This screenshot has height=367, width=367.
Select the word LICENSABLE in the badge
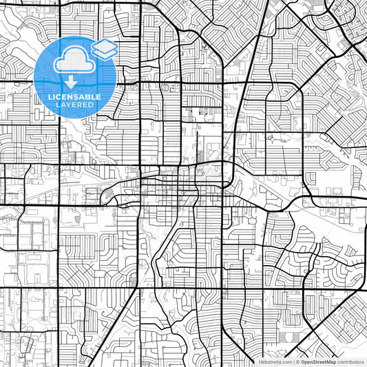point(75,97)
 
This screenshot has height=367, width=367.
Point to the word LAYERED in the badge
point(75,105)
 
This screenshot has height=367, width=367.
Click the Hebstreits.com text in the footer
point(275,361)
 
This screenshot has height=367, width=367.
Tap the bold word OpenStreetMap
point(316,361)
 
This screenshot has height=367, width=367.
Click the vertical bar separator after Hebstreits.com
point(293,361)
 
